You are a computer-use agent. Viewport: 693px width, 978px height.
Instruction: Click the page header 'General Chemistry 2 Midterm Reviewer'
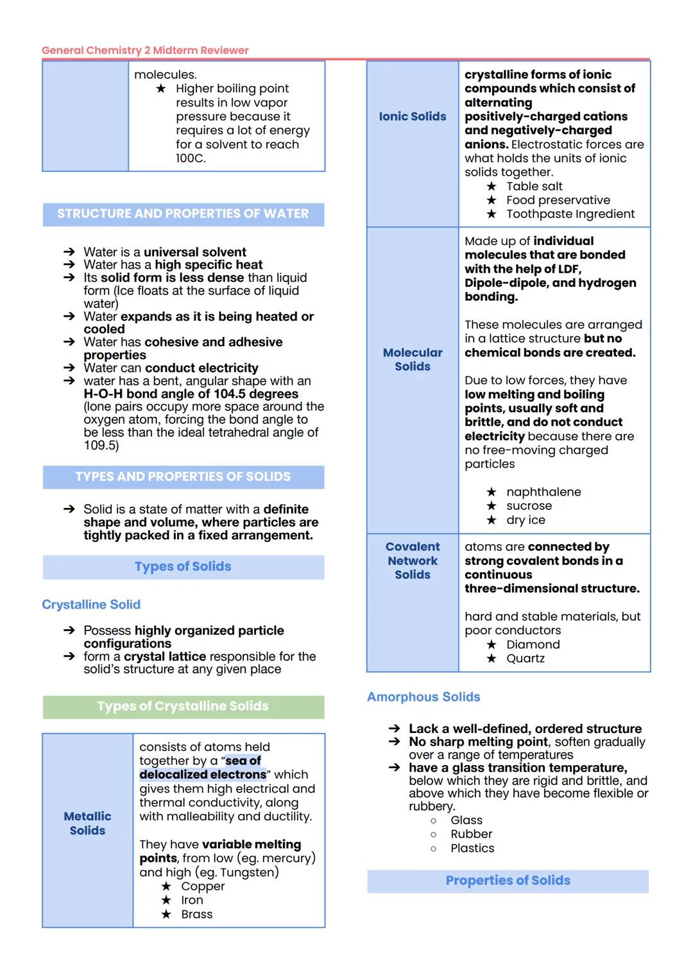(x=145, y=50)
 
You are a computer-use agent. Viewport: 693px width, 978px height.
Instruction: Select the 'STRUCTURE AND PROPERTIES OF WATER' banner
(x=183, y=214)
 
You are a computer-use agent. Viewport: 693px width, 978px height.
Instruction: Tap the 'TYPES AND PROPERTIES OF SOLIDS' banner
(x=183, y=476)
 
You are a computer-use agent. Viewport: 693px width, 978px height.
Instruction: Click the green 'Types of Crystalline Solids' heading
(x=183, y=706)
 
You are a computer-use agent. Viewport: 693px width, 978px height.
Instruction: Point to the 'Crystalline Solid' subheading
(x=91, y=604)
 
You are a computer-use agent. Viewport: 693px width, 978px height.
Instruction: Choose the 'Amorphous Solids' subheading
(x=424, y=696)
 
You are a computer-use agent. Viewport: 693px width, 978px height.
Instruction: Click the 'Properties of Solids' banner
(x=508, y=881)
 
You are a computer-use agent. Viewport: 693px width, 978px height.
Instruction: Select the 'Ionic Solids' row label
(x=413, y=116)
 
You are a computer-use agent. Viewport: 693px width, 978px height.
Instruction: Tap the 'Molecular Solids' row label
(x=413, y=359)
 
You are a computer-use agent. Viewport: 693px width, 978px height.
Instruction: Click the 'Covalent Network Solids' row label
(x=413, y=561)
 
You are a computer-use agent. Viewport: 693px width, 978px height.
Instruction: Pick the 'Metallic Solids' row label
(x=87, y=823)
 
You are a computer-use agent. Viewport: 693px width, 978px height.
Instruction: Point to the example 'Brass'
(x=196, y=914)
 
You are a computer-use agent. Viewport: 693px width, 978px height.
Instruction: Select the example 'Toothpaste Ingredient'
(x=570, y=214)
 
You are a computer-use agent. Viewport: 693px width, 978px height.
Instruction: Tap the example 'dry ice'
(x=526, y=519)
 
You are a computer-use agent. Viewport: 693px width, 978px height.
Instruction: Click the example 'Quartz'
(x=525, y=658)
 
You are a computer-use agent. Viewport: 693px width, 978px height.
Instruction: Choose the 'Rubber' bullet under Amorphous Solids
(x=471, y=834)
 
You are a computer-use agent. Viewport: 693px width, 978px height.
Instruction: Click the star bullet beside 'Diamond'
(x=492, y=645)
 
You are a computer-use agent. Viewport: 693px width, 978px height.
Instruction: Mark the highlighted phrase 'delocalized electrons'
(x=203, y=774)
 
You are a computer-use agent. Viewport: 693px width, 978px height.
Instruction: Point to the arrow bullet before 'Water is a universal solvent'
(x=69, y=252)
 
